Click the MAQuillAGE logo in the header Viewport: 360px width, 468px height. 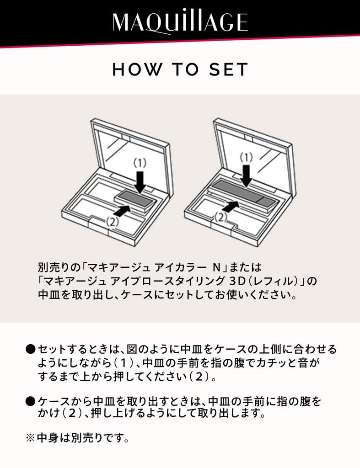180,22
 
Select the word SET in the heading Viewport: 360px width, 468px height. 229,69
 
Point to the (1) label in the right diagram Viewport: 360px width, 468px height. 247,158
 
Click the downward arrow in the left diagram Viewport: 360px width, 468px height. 141,181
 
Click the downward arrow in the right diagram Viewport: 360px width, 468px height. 247,175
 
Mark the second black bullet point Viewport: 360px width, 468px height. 30,402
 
